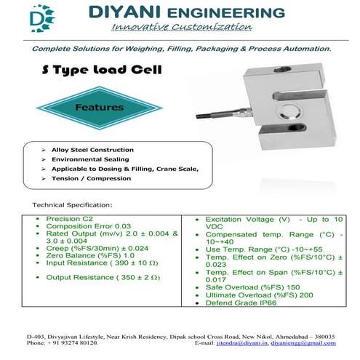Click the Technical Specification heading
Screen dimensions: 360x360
(73, 205)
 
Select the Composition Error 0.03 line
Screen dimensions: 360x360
(84, 226)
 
